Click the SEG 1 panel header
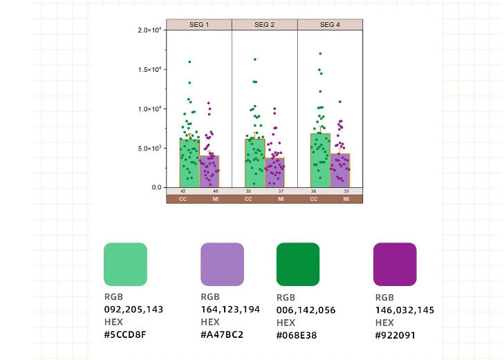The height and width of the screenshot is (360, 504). tap(199, 25)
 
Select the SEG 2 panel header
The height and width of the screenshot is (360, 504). tap(264, 25)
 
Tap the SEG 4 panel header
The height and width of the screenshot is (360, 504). tap(330, 25)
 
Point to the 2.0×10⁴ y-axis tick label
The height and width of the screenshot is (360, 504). tap(149, 30)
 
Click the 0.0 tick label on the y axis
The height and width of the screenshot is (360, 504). tap(157, 187)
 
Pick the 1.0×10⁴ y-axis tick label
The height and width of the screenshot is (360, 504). tap(149, 109)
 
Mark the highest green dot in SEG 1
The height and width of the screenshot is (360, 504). tap(189, 62)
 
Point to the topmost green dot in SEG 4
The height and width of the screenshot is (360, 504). tap(320, 53)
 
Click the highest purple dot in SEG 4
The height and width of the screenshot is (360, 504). tap(340, 102)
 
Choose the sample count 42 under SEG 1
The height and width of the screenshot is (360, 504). tap(183, 191)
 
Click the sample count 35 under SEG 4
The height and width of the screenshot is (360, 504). tap(346, 191)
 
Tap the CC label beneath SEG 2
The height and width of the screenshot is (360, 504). tap(248, 199)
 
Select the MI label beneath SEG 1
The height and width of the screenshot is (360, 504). tap(215, 199)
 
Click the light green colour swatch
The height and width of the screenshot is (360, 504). tap(125, 264)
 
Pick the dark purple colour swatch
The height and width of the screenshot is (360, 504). tap(395, 264)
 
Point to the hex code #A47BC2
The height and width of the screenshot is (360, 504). tap(222, 334)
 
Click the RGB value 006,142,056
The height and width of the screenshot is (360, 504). tap(306, 310)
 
